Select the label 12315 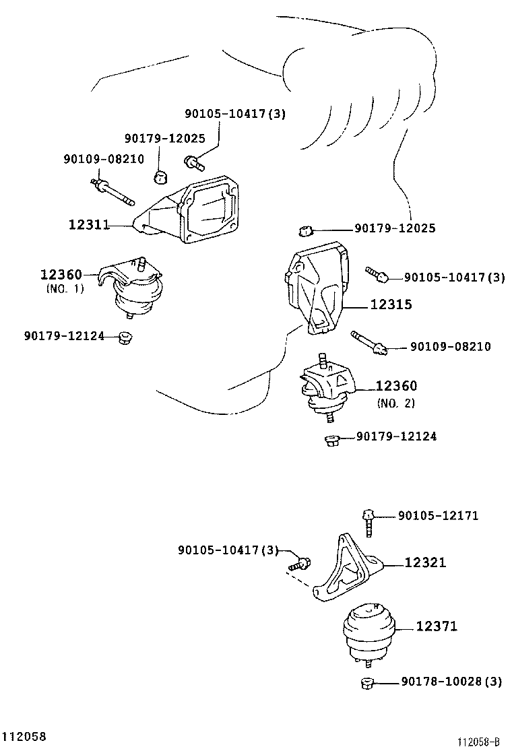click(x=391, y=304)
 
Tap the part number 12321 click(x=425, y=562)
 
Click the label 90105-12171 click(x=438, y=516)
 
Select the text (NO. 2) click(x=395, y=403)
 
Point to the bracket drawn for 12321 click(x=347, y=569)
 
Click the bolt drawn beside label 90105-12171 click(x=368, y=520)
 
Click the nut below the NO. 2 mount click(x=331, y=440)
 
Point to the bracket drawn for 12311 click(x=195, y=209)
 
